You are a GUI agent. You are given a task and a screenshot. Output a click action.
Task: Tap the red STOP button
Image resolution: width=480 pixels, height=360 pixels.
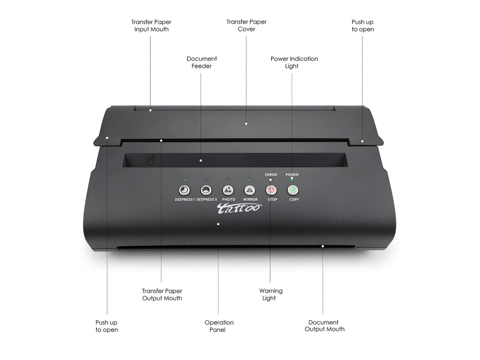pos(271,190)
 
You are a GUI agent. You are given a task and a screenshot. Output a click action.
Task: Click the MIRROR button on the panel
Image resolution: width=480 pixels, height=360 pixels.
pos(249,190)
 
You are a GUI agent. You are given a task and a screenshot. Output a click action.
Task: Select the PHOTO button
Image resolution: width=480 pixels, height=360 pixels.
pos(228,190)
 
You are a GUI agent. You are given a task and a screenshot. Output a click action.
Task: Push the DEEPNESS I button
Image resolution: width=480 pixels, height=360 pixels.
pos(184,190)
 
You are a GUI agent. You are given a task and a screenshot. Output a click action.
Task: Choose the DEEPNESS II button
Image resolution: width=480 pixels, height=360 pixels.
pos(206,190)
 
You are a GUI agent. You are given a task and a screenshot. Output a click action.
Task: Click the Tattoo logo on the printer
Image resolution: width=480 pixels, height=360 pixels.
pos(239,208)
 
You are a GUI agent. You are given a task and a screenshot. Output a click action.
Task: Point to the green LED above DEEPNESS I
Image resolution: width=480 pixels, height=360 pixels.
pos(185,180)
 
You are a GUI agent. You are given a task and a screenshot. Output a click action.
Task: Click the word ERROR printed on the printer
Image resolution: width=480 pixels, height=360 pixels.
pos(271,175)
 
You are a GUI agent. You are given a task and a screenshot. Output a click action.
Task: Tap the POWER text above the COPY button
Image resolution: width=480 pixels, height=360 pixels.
pos(292,175)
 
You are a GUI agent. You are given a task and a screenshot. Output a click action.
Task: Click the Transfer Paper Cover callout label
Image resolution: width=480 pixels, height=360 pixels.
pos(246,25)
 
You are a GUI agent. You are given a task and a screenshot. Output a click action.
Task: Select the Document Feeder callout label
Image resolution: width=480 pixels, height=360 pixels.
pos(202,62)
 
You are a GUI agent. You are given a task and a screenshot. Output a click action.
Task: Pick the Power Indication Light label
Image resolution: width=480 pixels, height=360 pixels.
pos(294,62)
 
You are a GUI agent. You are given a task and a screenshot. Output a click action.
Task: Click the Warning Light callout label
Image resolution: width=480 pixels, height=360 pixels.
pos(271,294)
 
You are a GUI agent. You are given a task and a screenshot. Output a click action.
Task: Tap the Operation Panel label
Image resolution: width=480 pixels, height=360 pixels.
pos(219,326)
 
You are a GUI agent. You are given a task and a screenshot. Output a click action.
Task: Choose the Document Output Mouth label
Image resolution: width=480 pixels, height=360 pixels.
pos(325,326)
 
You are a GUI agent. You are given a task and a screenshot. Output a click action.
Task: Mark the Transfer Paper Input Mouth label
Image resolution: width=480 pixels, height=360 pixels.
pos(151,25)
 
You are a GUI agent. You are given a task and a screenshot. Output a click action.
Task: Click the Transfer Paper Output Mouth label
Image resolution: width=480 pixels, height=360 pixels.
pos(162,294)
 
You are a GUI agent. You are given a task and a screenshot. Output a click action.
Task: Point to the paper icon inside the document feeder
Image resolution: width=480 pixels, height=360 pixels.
pos(151,161)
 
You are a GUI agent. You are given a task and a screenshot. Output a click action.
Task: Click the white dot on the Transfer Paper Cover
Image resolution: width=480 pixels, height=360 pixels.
pos(246,124)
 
